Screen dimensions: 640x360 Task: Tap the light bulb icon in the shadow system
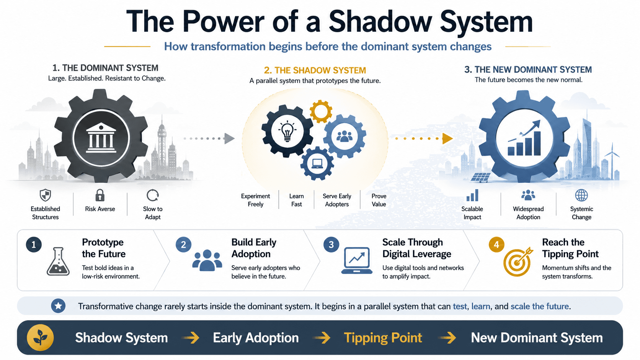[x=287, y=131]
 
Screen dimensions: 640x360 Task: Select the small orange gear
[x=321, y=111]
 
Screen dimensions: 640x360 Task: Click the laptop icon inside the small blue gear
[x=317, y=164]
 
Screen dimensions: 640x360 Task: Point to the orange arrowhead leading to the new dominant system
[x=447, y=138]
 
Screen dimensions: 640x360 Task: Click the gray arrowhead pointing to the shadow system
[x=229, y=138]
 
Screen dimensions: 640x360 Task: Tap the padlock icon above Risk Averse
[x=100, y=195]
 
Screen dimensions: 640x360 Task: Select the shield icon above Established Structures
[x=45, y=195]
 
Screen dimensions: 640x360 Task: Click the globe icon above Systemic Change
[x=581, y=195]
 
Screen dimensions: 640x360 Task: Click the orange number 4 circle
[x=496, y=245]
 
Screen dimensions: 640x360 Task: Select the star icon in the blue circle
[x=58, y=306]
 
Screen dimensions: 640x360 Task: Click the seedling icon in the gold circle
[x=40, y=338]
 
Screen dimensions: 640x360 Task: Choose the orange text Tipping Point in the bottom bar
[x=383, y=338]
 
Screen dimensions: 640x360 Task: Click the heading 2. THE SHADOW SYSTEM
[x=315, y=70]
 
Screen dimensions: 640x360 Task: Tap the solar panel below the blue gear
[x=480, y=177]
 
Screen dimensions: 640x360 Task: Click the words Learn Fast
[x=296, y=200]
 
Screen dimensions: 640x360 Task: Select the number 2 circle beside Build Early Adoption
[x=183, y=245]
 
